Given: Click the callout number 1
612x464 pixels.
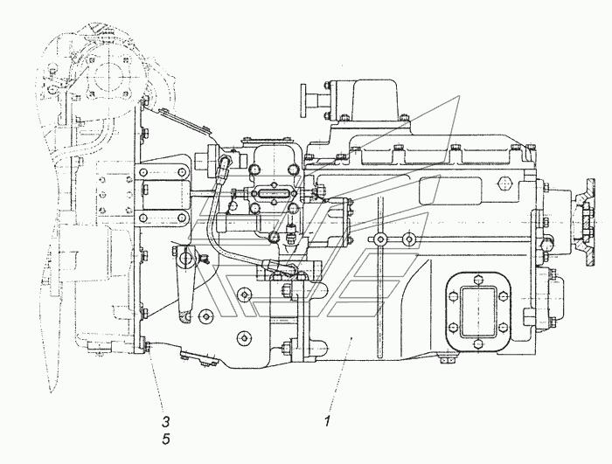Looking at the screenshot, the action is (328, 421).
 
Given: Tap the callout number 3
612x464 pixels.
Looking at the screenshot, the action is (166, 421).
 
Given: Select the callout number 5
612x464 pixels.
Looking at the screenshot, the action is (166, 439).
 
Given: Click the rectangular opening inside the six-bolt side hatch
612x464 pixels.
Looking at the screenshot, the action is (478, 311).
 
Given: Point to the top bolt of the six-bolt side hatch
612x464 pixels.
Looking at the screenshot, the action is (478, 280).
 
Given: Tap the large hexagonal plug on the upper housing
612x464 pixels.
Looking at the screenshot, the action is (504, 183).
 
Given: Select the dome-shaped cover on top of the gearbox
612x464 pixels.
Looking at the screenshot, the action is (375, 99).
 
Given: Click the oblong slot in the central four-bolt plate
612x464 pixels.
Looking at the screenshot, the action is (274, 194).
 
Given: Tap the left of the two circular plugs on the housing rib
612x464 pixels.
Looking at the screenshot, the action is (379, 239).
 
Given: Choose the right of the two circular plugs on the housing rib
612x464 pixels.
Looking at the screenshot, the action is (408, 239).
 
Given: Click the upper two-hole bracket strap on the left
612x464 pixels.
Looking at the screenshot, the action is (163, 172).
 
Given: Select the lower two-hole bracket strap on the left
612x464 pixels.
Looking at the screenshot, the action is (163, 217).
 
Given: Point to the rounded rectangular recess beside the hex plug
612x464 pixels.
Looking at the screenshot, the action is (450, 190).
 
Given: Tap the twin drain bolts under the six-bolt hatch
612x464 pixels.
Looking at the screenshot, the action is (448, 360).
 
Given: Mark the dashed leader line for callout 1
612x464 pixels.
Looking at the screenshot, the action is (340, 374).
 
